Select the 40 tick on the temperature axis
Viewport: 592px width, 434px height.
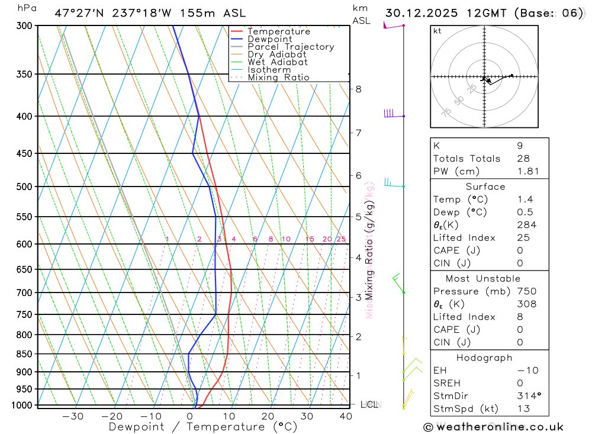pyautogui.click(x=346, y=416)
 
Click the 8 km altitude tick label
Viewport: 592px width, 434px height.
pyautogui.click(x=358, y=89)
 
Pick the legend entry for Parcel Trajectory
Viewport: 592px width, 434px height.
pyautogui.click(x=291, y=47)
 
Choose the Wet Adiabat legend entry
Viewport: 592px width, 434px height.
pyautogui.click(x=277, y=62)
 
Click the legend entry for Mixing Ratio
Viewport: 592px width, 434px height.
pyautogui.click(x=278, y=78)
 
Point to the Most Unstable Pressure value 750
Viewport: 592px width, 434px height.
pyautogui.click(x=526, y=291)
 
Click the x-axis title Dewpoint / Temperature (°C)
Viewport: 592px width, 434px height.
pyautogui.click(x=202, y=426)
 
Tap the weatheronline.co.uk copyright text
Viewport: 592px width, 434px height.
pyautogui.click(x=493, y=427)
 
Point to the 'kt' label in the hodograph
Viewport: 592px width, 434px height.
pyautogui.click(x=437, y=31)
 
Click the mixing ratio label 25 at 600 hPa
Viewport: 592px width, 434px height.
pyautogui.click(x=341, y=239)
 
